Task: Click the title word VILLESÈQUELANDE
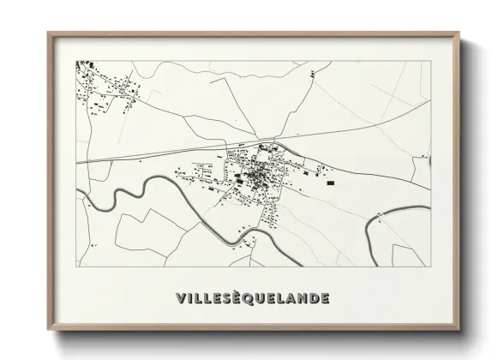(251, 298)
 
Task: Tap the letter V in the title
(180, 298)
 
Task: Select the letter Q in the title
(251, 298)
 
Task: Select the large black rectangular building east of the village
(329, 181)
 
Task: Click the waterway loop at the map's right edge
(377, 223)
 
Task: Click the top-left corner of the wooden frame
(49, 33)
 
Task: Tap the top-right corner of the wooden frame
(459, 33)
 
